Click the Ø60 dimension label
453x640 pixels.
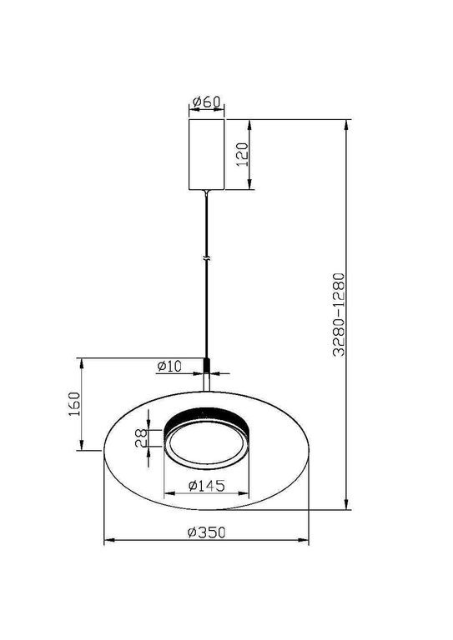[205, 102]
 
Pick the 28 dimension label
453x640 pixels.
[142, 439]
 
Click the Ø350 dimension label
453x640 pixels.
[204, 534]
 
